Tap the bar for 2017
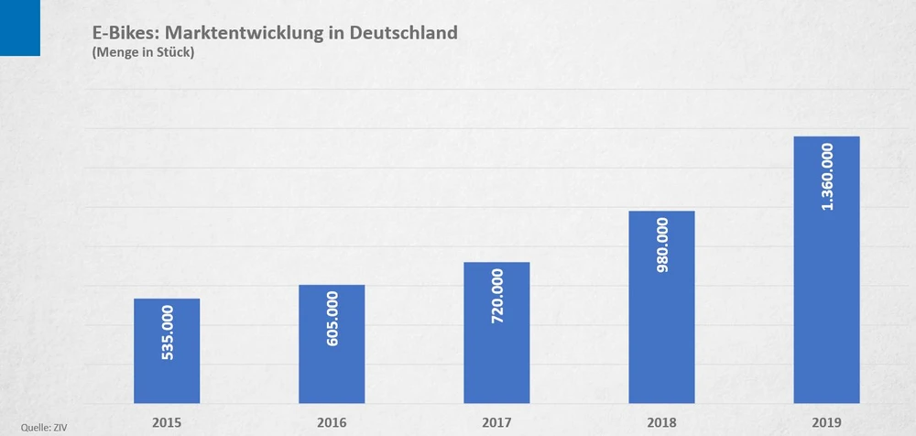click(x=496, y=366)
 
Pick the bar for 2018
click(x=661, y=366)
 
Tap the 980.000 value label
click(x=662, y=247)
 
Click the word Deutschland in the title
click(x=403, y=33)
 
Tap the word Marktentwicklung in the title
click(x=244, y=34)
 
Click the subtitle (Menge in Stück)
click(x=144, y=53)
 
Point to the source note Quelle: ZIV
click(x=44, y=427)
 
